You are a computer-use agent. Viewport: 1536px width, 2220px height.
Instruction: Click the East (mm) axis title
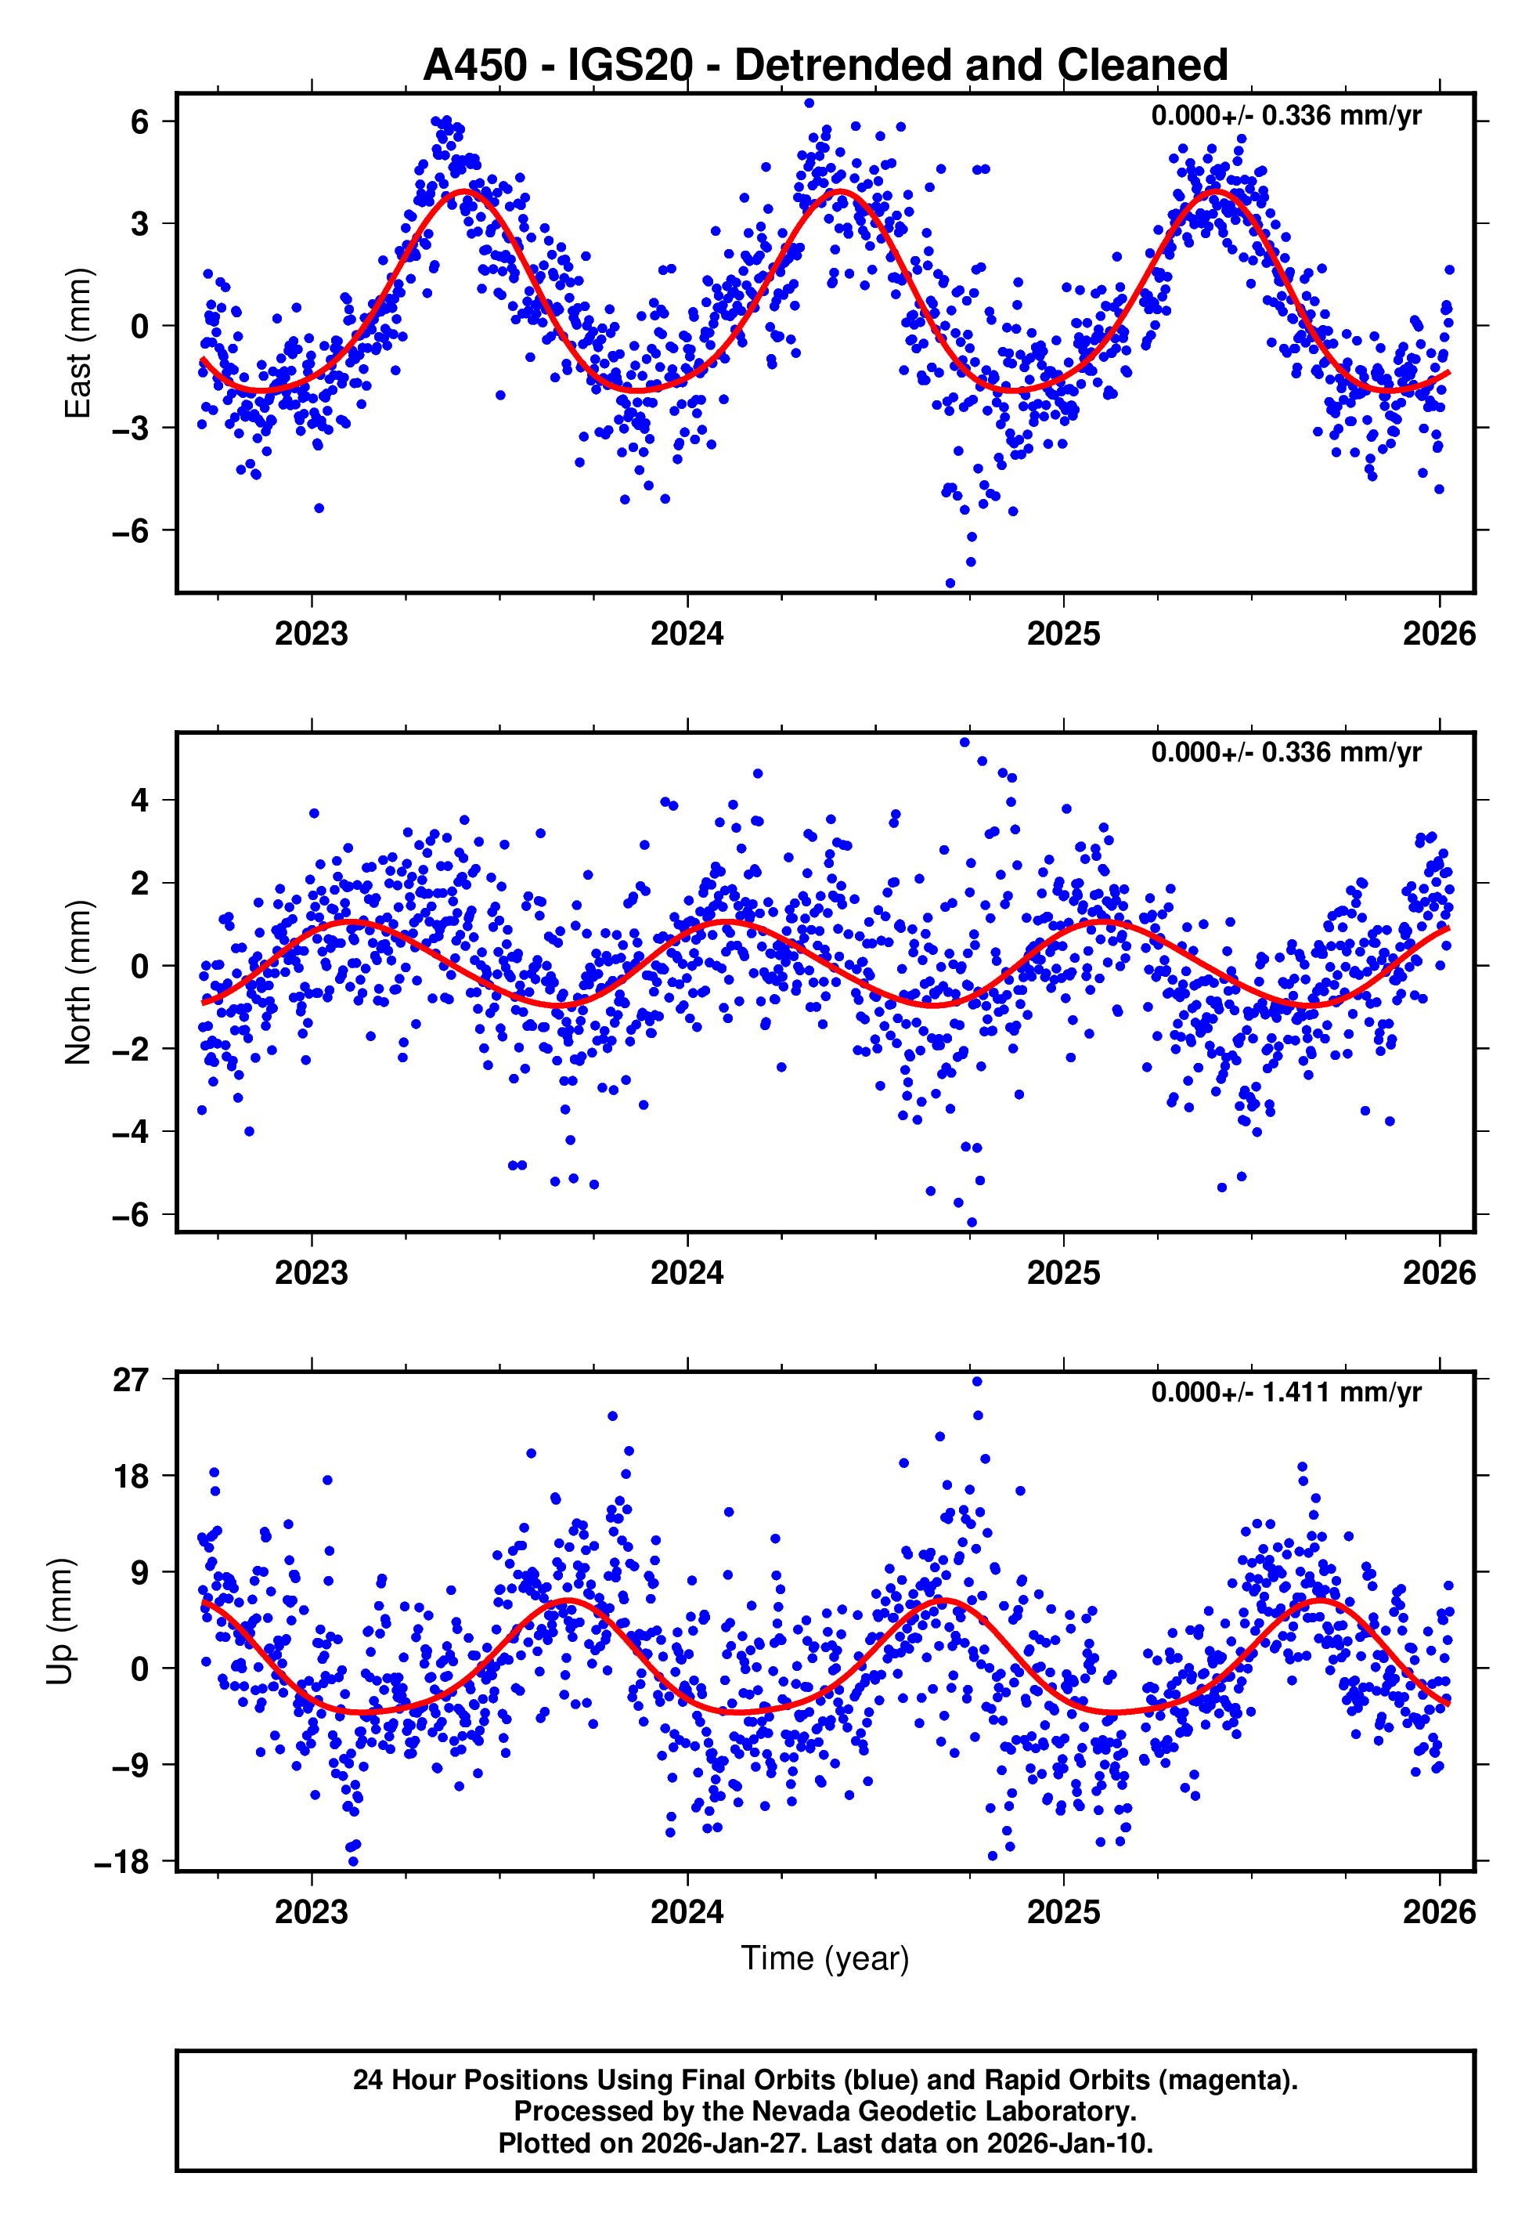(77, 343)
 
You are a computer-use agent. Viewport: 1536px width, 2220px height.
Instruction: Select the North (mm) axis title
(77, 982)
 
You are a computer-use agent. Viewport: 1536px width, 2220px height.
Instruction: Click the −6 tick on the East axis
(130, 530)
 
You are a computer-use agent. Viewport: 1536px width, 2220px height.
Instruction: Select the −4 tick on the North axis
(130, 1131)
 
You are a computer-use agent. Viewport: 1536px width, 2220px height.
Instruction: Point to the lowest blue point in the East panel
(950, 584)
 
